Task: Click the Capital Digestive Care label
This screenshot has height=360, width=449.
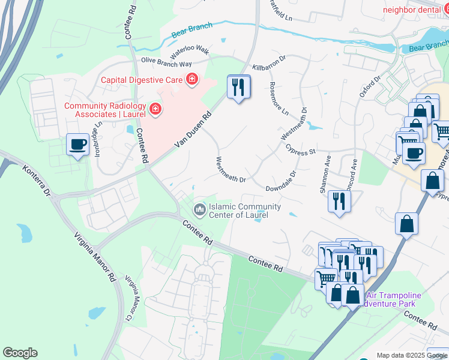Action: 142,79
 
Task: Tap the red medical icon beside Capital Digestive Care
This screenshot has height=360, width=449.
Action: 192,79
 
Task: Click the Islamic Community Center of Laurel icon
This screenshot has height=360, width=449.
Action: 199,210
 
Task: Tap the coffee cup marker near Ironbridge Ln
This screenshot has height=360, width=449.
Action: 78,145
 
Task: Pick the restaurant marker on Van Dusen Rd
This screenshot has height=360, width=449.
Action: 238,87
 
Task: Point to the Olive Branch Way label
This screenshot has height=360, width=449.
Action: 166,62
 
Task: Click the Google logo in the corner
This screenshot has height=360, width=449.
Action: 20,353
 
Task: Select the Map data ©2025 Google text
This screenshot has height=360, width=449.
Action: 412,355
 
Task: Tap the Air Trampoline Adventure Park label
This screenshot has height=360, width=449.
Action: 394,299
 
